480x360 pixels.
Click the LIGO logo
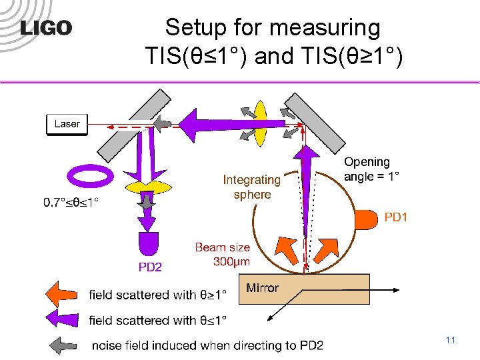(46, 27)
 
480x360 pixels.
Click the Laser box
(67, 124)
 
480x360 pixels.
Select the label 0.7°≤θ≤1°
(71, 201)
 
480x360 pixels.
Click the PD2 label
(150, 267)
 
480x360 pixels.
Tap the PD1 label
(396, 217)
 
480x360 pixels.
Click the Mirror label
(262, 288)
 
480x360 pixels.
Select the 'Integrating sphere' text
(251, 187)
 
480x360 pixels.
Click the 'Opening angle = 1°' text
(371, 169)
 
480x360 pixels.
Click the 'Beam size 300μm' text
(223, 255)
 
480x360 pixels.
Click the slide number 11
(450, 341)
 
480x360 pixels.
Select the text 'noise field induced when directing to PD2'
(207, 345)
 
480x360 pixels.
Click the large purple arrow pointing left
(207, 123)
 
